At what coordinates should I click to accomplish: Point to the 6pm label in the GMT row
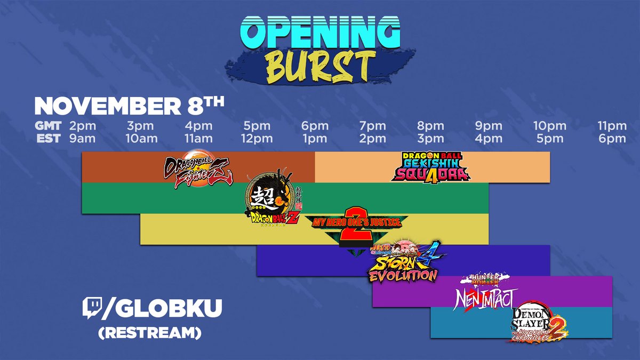point(315,126)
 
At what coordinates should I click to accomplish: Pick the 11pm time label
point(611,126)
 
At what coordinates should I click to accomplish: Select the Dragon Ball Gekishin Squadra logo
point(430,166)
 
